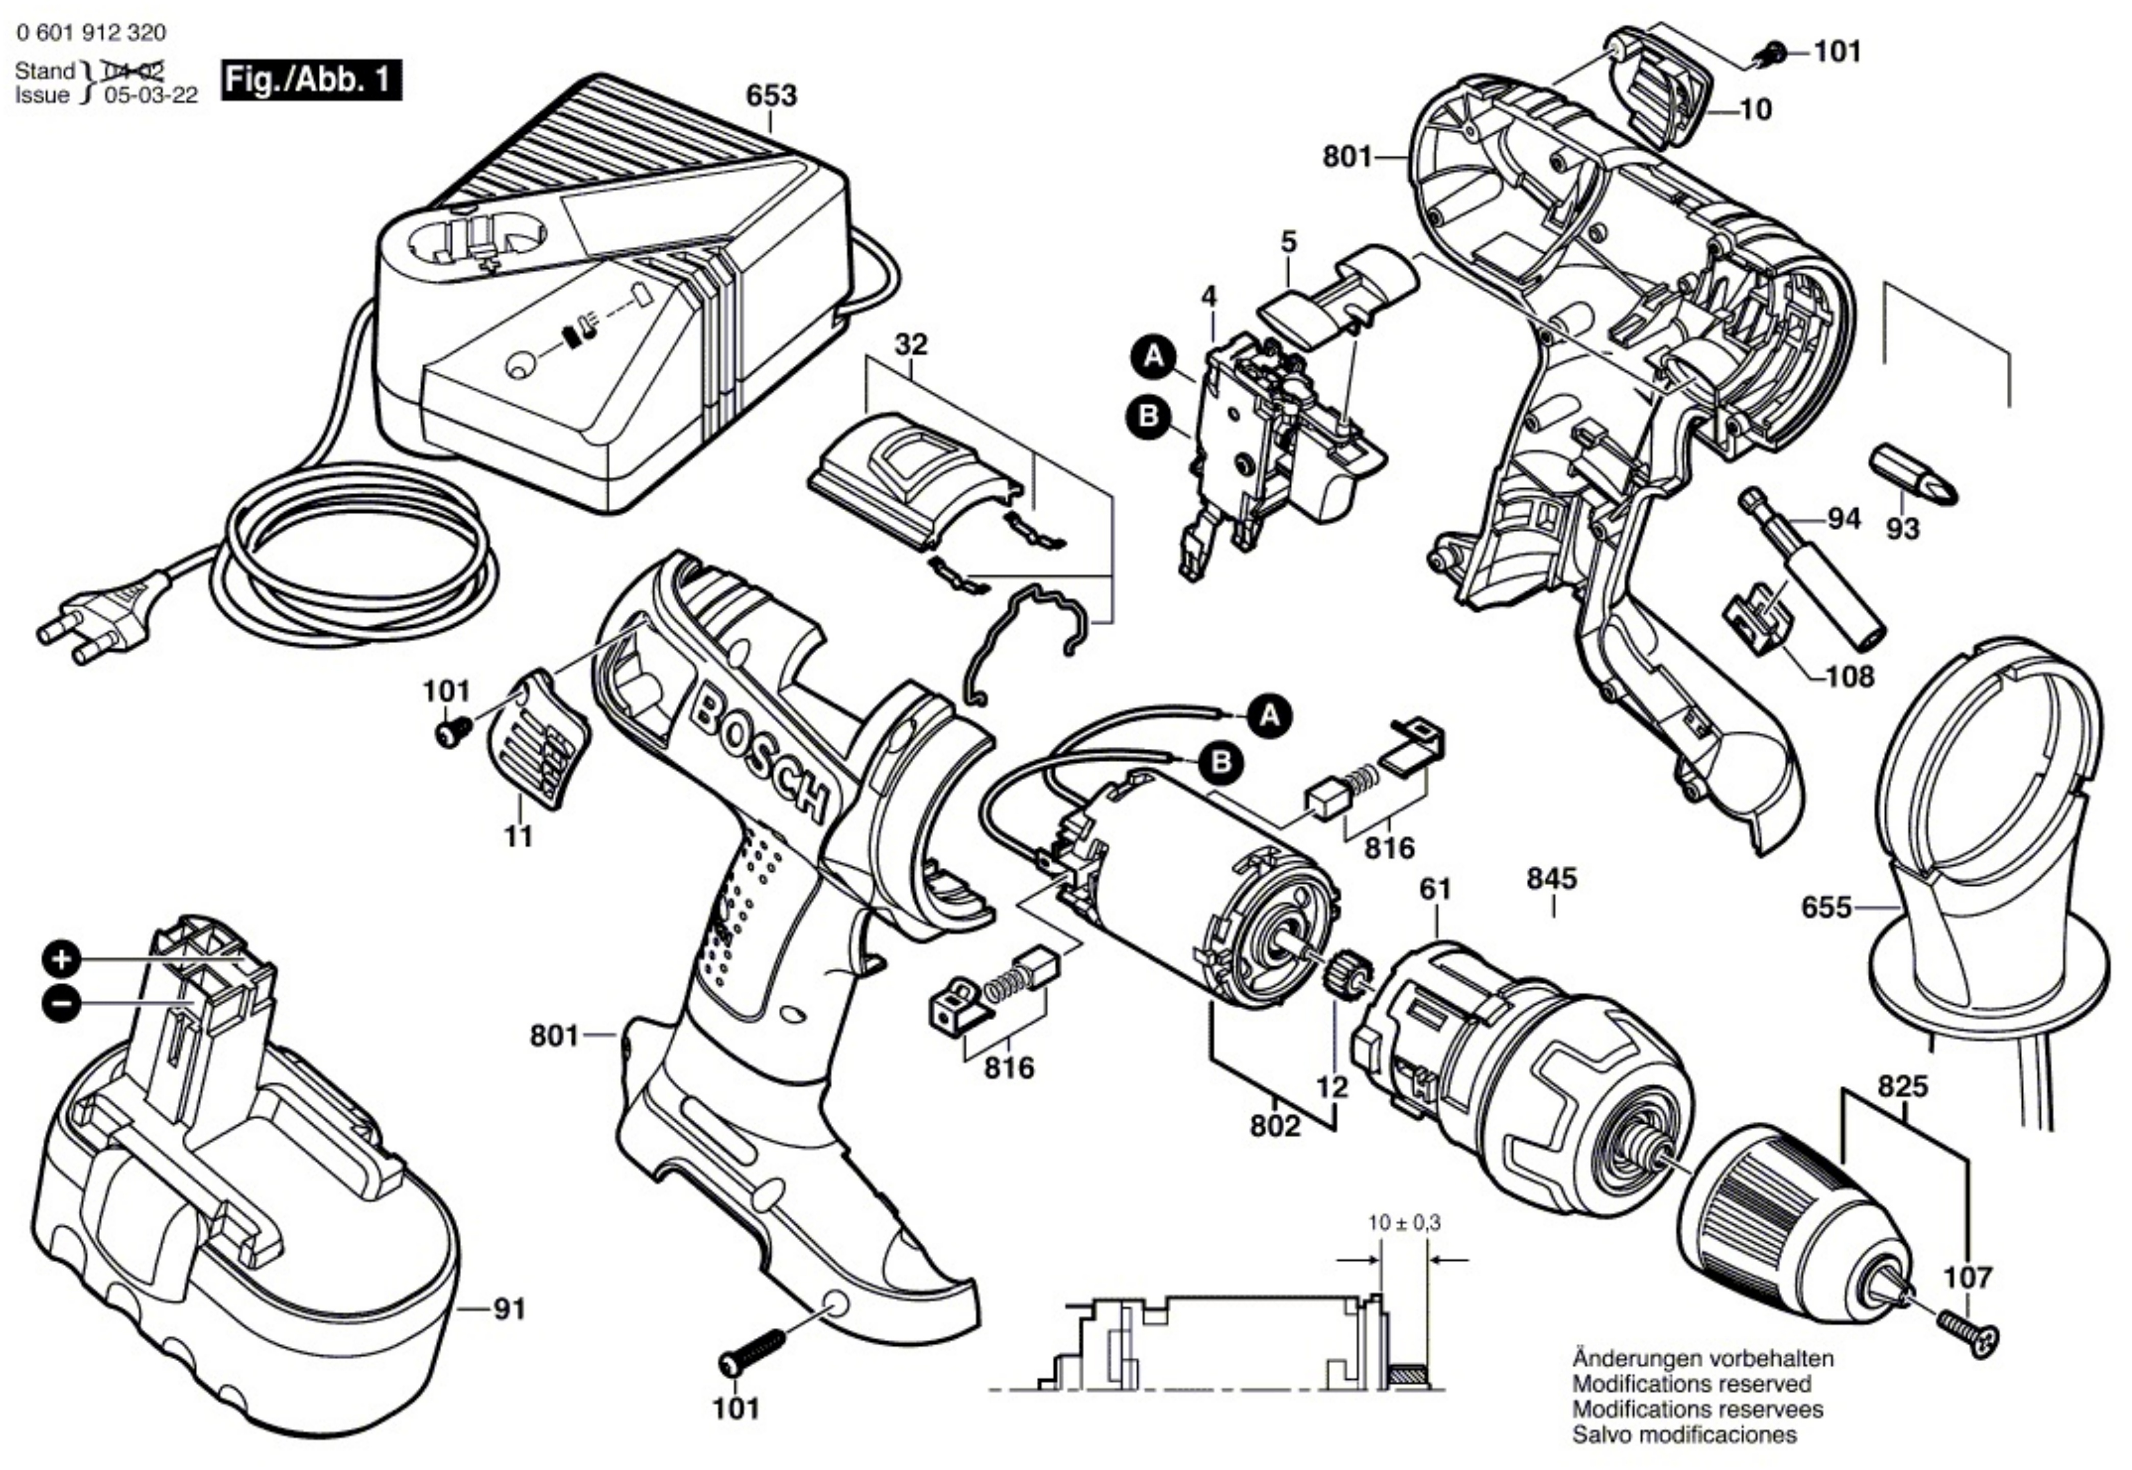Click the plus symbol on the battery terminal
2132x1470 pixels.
click(61, 961)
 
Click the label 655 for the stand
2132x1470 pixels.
click(1826, 908)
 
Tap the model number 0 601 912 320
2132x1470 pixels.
click(91, 33)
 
